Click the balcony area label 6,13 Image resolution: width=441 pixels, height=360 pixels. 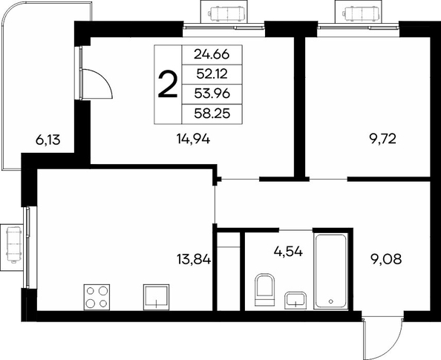pos(48,140)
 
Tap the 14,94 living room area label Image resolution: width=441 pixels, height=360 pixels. pos(193,139)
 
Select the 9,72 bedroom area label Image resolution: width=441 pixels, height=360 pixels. pos(383,139)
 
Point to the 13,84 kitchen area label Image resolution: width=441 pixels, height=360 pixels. pos(194,259)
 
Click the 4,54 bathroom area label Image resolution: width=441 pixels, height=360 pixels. pos(288,251)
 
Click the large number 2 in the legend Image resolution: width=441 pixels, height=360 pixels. pos(168,84)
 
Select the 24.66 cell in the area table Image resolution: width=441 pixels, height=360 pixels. pos(212,55)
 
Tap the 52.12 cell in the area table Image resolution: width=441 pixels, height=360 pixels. pos(212,74)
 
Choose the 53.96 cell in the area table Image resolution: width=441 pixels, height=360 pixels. pos(212,94)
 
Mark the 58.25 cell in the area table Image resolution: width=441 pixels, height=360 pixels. pos(212,114)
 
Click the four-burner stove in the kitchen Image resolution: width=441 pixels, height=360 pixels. pos(97,298)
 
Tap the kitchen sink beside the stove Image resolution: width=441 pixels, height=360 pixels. pos(157,298)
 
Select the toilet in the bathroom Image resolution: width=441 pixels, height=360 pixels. pos(264,289)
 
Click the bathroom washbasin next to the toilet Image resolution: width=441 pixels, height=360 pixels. pos(295,301)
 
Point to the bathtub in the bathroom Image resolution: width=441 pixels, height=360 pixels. pos(331,271)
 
